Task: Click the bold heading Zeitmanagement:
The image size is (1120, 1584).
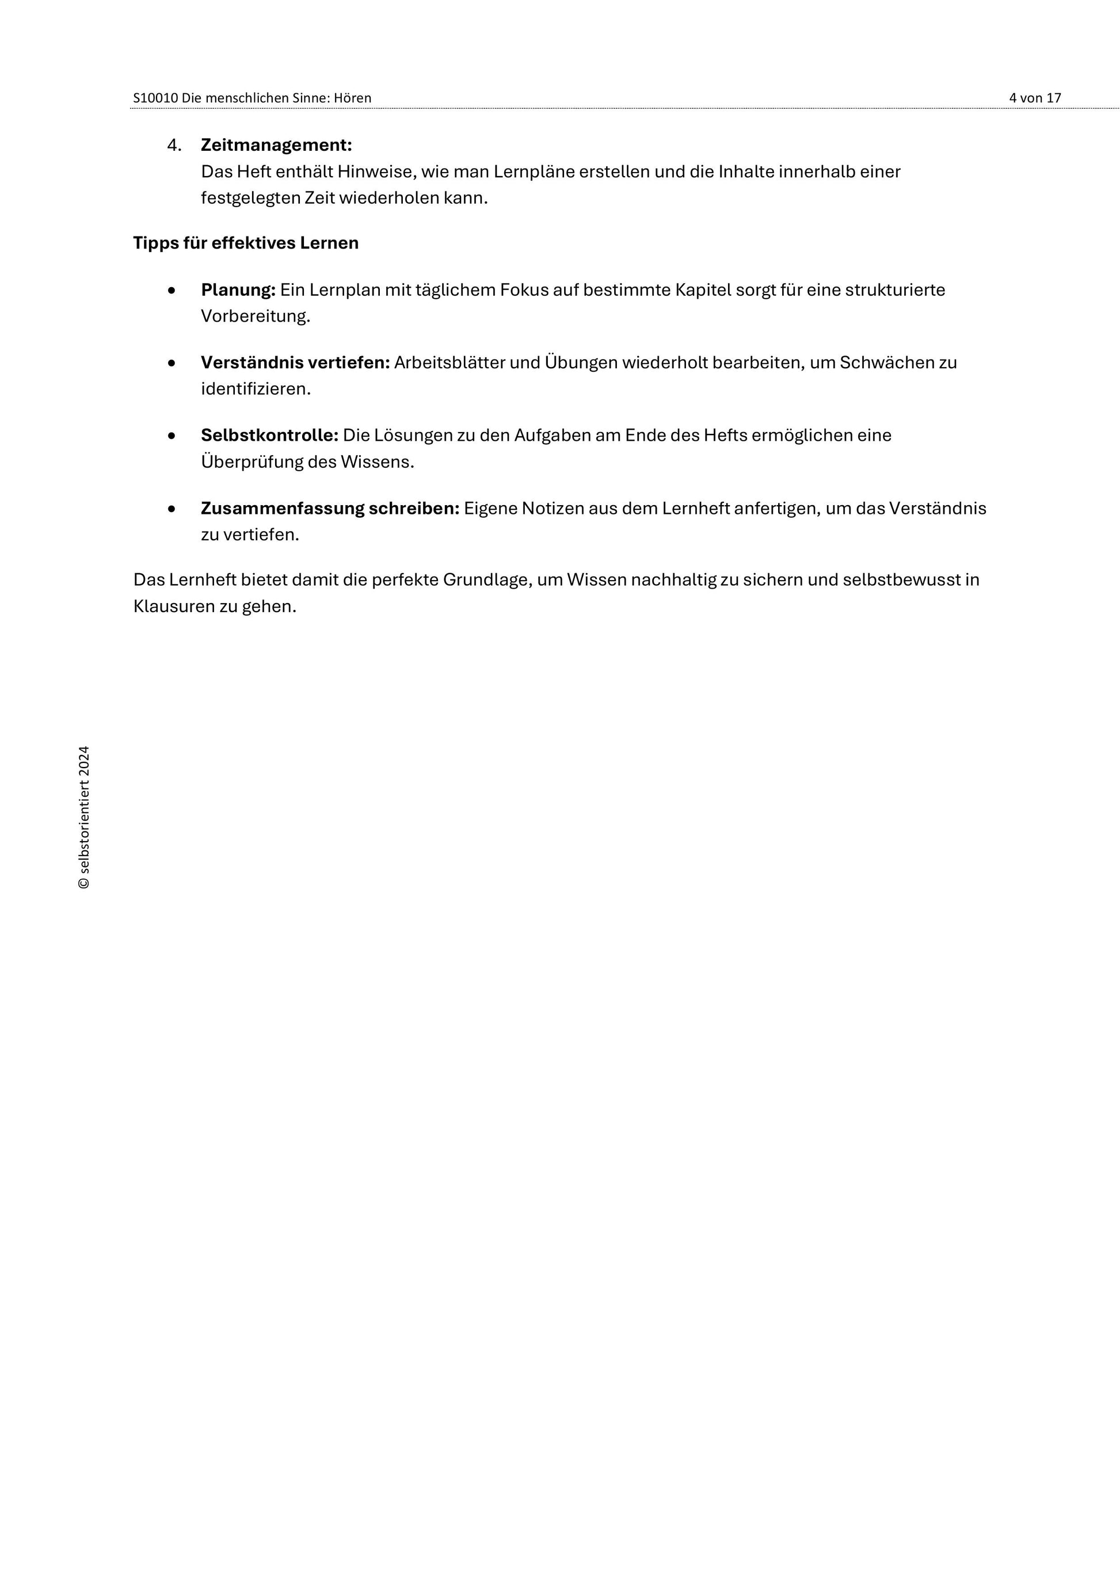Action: pos(276,145)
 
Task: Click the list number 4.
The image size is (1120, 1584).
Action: pos(174,145)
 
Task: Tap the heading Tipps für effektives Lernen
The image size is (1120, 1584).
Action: pos(246,243)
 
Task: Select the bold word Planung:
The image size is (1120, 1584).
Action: pos(238,290)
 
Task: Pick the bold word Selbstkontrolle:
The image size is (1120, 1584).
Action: pos(270,436)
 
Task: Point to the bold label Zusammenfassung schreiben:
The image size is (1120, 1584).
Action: pos(330,509)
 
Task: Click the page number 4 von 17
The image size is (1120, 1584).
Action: pos(1034,98)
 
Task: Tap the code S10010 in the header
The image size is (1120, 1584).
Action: pos(155,98)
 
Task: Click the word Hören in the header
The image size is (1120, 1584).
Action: pos(353,98)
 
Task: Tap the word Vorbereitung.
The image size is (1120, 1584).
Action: pos(256,316)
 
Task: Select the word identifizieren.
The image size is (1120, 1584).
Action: pos(256,389)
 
